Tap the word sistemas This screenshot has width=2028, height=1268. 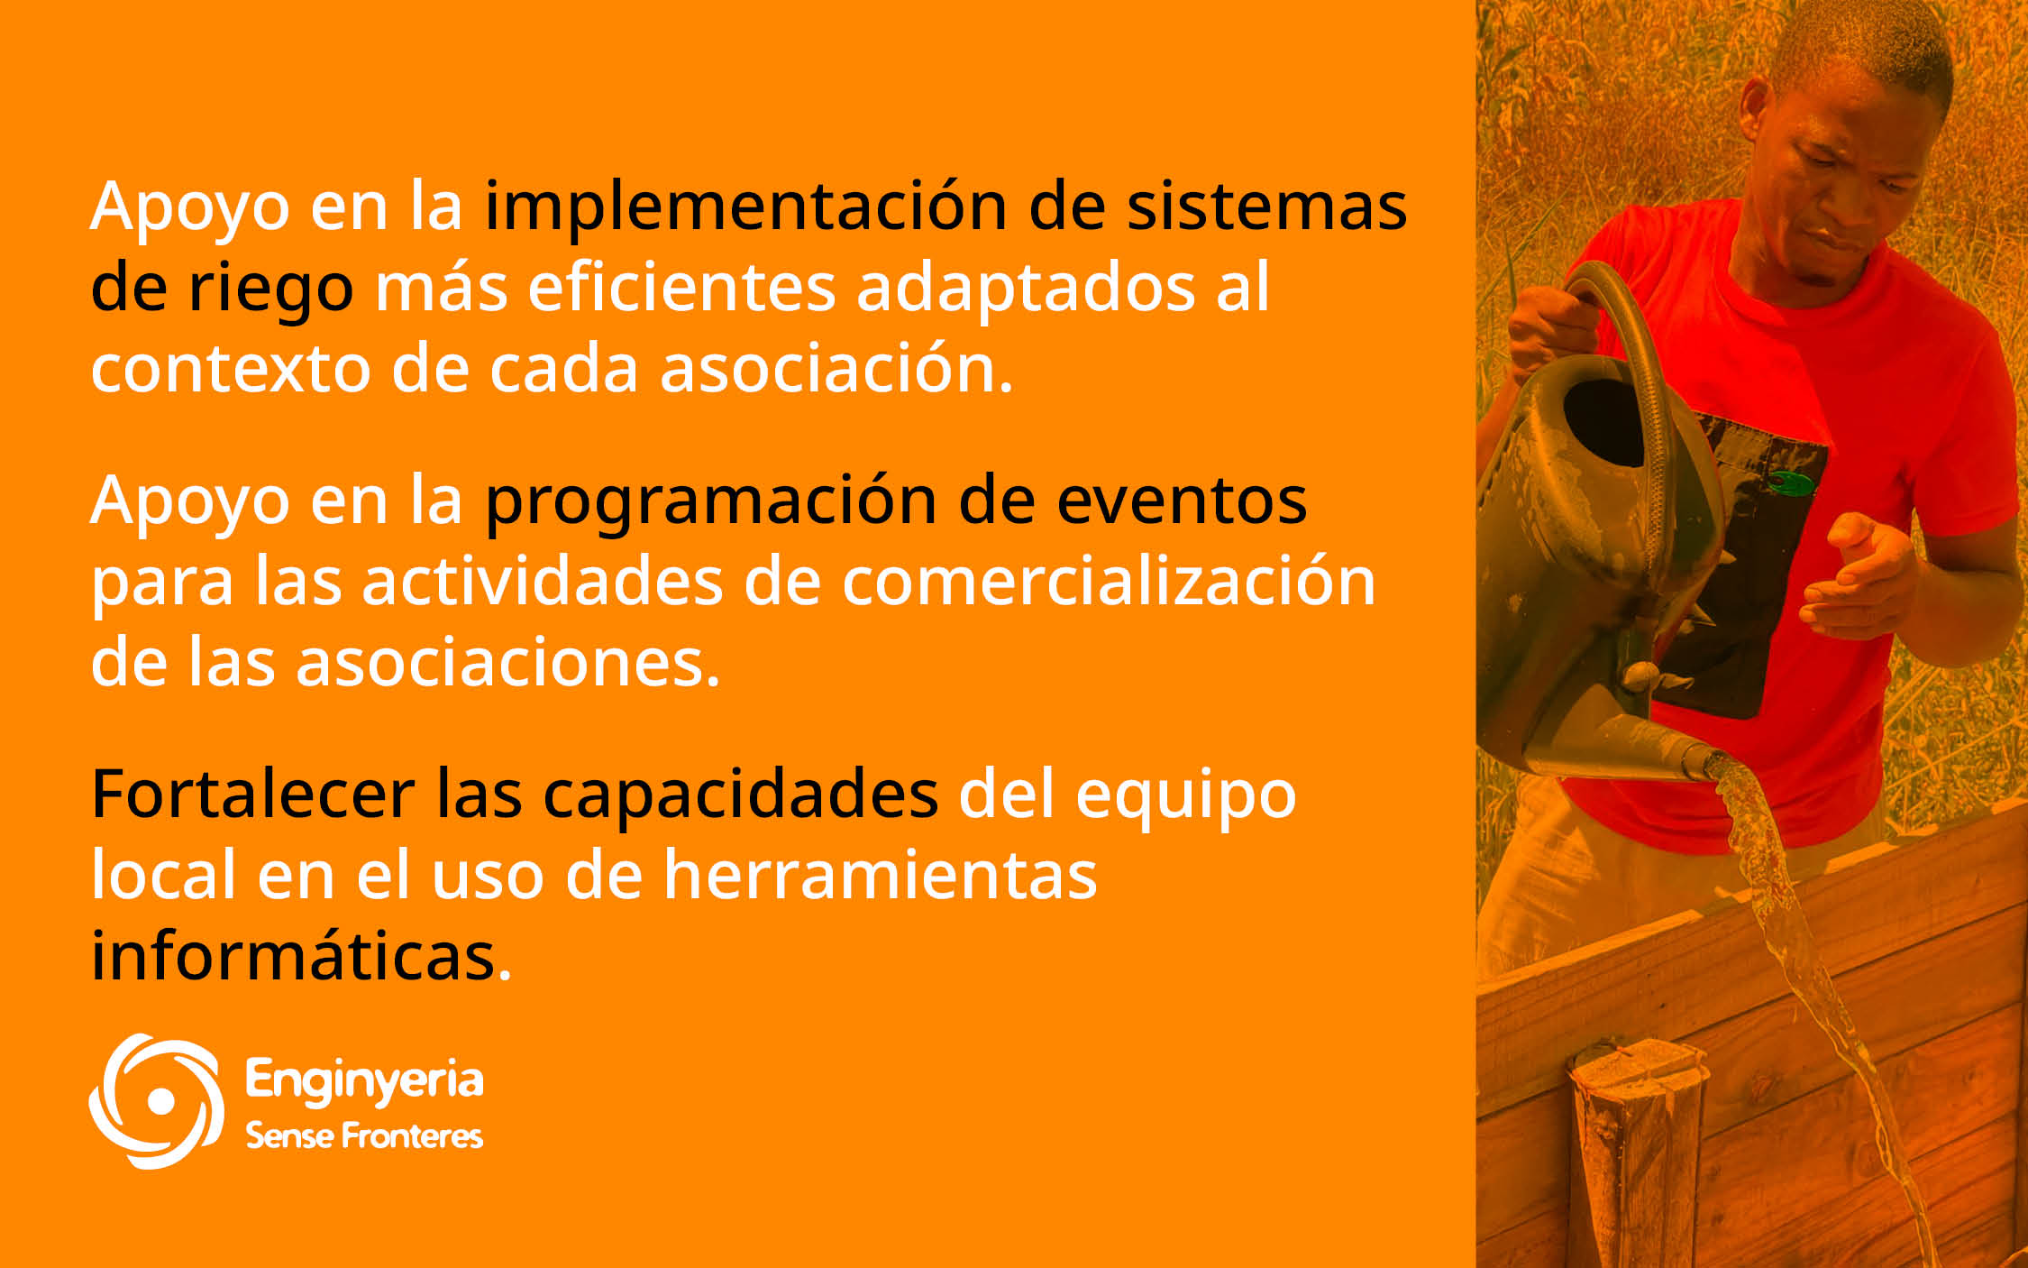[x=1266, y=207]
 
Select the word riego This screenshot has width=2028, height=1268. [x=270, y=290]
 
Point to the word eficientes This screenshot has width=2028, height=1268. [x=681, y=288]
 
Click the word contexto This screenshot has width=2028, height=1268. [x=231, y=370]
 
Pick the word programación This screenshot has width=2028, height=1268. [x=711, y=502]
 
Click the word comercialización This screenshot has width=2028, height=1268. [x=1108, y=580]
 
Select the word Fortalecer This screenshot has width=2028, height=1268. [x=252, y=795]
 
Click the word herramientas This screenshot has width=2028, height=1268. [x=881, y=875]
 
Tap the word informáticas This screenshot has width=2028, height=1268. [x=301, y=953]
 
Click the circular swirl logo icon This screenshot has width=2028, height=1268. [x=156, y=1101]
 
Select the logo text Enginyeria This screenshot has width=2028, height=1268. [x=364, y=1081]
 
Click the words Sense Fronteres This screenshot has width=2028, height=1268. [x=364, y=1135]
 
